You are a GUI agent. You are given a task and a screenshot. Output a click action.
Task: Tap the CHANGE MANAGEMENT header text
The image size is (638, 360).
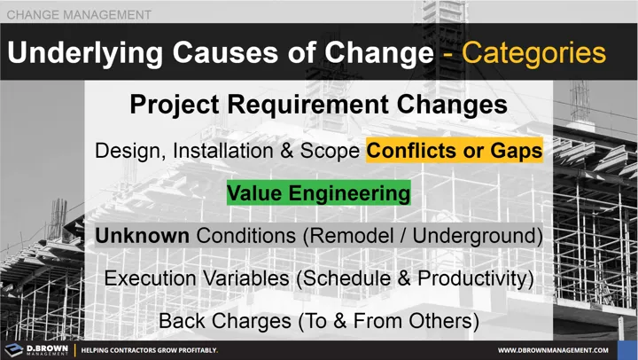(79, 15)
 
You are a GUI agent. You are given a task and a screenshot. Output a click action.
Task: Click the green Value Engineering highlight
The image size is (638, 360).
(318, 192)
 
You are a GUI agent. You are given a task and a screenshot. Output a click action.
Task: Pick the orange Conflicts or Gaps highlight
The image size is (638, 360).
(454, 150)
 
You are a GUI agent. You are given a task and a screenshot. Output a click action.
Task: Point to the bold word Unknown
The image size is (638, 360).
(142, 236)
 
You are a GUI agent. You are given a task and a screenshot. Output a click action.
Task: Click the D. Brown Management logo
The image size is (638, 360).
(39, 349)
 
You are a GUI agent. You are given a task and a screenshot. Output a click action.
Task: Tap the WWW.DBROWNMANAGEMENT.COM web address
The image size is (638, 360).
(558, 350)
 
